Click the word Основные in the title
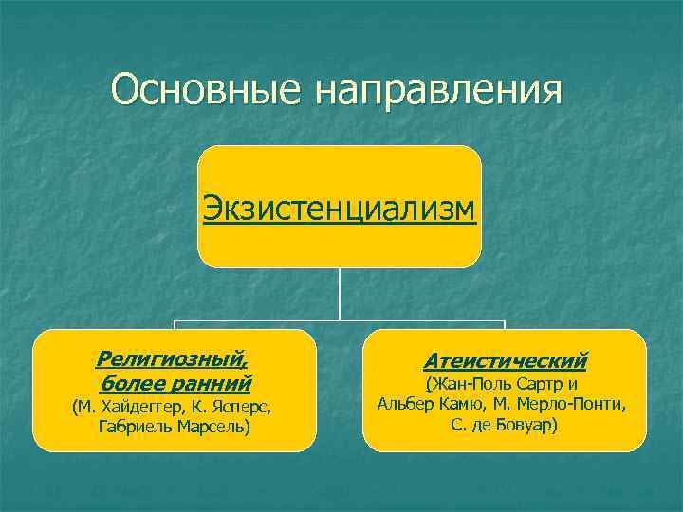(x=206, y=91)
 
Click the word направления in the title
(x=439, y=91)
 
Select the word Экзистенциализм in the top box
(x=339, y=206)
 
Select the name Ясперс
(x=246, y=408)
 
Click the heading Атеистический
(x=505, y=361)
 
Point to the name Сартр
(x=543, y=384)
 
